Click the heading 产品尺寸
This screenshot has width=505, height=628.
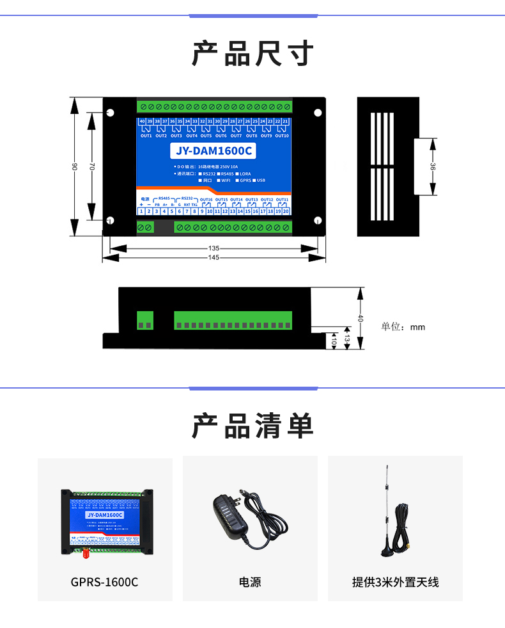tap(252, 53)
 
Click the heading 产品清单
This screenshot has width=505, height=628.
tap(252, 426)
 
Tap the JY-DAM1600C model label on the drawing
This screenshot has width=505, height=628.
tap(214, 151)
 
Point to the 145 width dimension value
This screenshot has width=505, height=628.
tap(214, 257)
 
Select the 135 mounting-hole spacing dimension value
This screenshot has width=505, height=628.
tap(214, 248)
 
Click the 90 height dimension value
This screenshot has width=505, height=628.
tap(75, 166)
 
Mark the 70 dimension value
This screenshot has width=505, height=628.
tap(91, 166)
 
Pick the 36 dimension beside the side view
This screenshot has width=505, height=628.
tap(433, 166)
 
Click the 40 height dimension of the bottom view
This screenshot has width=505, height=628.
tap(361, 318)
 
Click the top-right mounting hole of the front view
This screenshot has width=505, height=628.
tap(318, 112)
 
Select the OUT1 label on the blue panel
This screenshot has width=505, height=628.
tap(146, 136)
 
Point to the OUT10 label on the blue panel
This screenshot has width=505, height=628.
tap(282, 136)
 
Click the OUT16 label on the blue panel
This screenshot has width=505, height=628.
tap(205, 200)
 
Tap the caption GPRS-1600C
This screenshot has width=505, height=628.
tap(104, 583)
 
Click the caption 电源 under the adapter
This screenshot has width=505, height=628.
tap(250, 583)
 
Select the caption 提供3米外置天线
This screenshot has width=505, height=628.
tap(395, 583)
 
